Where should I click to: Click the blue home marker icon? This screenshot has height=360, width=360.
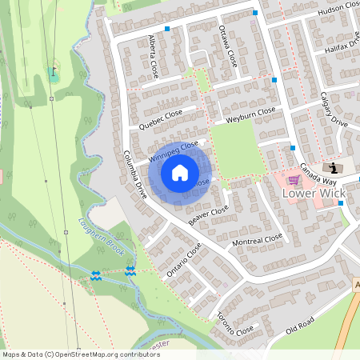click(x=180, y=173)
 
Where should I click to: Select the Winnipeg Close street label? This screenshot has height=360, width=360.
click(x=174, y=154)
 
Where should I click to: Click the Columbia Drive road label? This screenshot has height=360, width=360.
click(x=135, y=174)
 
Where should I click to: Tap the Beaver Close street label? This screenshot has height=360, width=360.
click(x=209, y=214)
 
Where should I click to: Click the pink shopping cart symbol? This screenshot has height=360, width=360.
click(x=294, y=180)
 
